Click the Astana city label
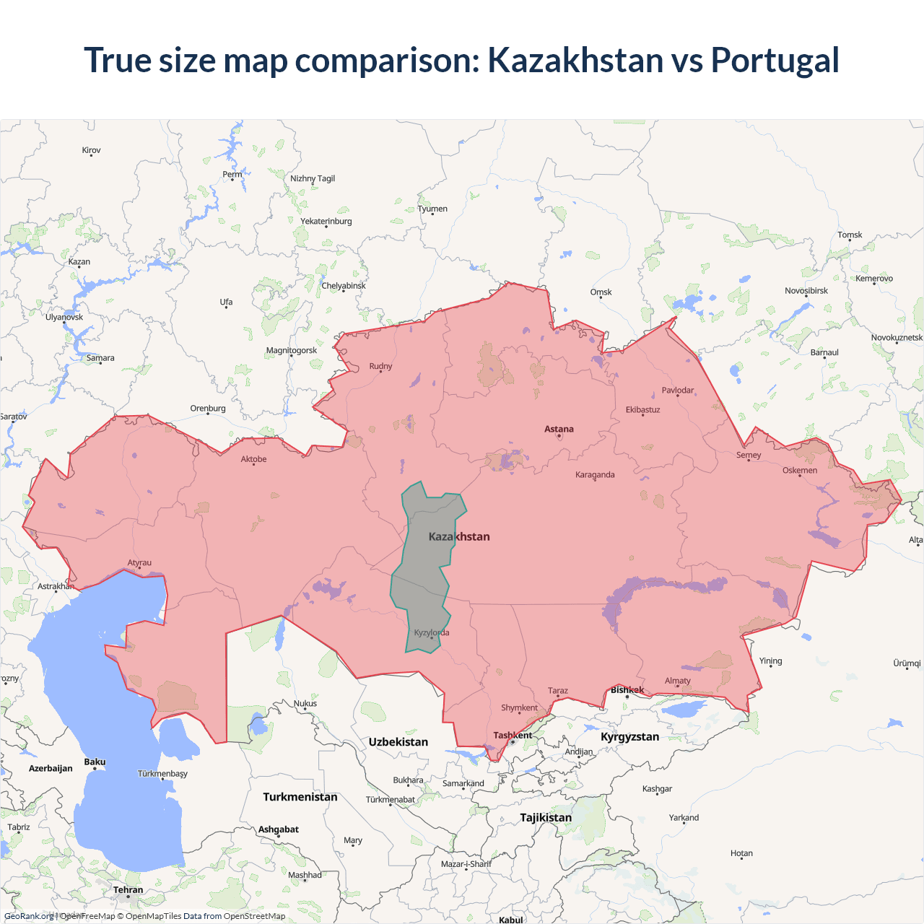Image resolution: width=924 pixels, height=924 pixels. [559, 429]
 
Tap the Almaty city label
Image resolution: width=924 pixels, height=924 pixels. [677, 681]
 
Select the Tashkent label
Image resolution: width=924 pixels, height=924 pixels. [513, 736]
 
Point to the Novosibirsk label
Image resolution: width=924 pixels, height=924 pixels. [806, 291]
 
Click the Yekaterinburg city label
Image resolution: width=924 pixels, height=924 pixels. [326, 222]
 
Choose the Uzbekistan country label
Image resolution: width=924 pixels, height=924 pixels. [398, 742]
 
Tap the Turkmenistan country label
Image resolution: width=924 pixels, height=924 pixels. [300, 797]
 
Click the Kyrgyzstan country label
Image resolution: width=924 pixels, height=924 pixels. [629, 737]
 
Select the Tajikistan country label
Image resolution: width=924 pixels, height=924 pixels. [546, 818]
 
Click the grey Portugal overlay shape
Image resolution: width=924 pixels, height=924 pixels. [426, 570]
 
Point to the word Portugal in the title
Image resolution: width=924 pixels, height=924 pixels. [775, 60]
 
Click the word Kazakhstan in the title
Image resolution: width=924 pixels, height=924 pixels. [575, 60]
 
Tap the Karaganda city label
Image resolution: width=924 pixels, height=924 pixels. [595, 475]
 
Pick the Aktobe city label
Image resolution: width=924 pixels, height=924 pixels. [253, 459]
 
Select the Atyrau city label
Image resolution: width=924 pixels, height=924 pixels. [139, 563]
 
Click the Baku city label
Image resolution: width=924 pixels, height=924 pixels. [95, 762]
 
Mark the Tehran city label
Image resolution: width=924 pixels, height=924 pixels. [128, 890]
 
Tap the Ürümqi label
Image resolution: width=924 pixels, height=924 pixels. [907, 663]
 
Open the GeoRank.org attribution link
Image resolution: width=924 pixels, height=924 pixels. [29, 916]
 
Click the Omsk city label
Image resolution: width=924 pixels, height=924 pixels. [601, 292]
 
